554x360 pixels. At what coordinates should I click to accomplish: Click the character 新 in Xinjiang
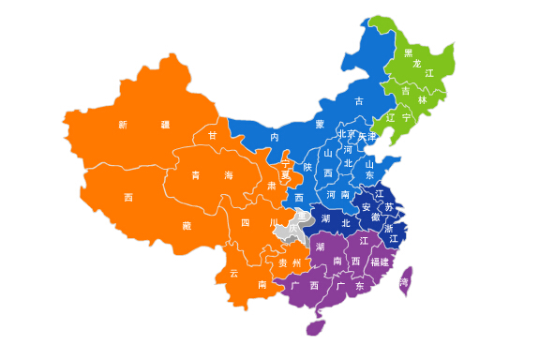coord(123,124)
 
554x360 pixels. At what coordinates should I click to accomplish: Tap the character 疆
coord(165,124)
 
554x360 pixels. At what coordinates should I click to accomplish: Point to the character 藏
coord(187,225)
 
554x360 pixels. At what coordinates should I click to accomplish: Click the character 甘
coord(213,136)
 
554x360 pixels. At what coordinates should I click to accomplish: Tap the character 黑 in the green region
coord(408,53)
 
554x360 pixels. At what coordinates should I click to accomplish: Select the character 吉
coord(406,90)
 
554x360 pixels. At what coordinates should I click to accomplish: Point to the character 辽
coord(390,118)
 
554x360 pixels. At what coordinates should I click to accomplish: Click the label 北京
coord(346,135)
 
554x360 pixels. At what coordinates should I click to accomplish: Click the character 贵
coord(283,263)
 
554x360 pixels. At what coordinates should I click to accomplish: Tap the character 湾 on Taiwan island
coord(405,281)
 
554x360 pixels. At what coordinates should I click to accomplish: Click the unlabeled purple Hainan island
coord(316,327)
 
